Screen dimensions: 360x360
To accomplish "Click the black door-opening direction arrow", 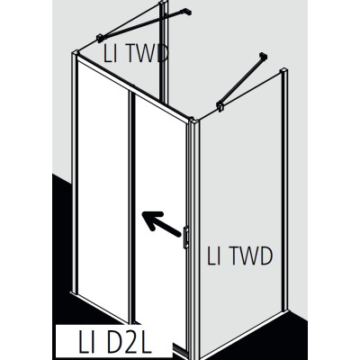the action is (161, 224).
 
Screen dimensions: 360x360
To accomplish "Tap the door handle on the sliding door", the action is (185, 237).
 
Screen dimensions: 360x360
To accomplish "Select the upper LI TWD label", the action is (136, 53).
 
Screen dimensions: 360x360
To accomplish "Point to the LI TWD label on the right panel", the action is (239, 256).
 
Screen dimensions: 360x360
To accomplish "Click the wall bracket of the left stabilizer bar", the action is (187, 12).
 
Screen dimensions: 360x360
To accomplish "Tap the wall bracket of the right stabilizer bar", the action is (264, 56).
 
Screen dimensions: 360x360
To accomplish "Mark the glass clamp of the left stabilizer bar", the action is (101, 38).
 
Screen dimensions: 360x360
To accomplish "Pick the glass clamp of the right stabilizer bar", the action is (220, 106).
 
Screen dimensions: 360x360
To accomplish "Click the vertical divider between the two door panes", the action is (131, 207).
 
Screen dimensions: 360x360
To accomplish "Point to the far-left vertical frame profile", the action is (74, 174).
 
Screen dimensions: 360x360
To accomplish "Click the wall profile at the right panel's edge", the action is (284, 191).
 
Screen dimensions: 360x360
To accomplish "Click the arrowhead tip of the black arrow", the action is (142, 212).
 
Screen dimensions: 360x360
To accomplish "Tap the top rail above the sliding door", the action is (133, 87).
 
